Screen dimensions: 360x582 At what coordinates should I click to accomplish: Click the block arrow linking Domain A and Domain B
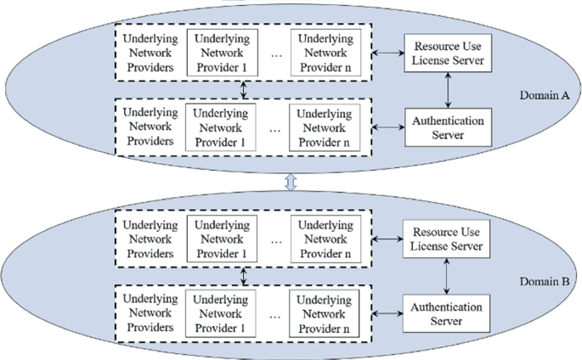tap(291, 181)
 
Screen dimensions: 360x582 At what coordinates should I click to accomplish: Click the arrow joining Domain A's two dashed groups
tap(245, 90)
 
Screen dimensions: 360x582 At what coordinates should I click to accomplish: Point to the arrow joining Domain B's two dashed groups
tap(245, 274)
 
